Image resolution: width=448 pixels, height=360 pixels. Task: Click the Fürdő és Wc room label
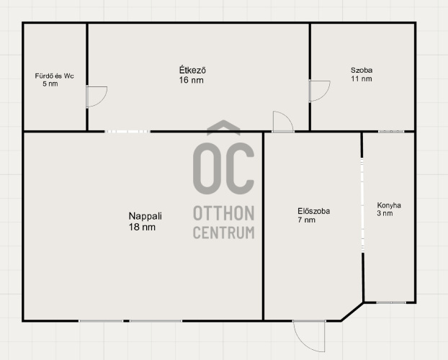54,76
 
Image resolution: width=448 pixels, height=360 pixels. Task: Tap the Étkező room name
192,70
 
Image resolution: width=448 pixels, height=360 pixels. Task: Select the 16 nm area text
191,80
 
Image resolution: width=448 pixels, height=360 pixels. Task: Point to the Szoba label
362,70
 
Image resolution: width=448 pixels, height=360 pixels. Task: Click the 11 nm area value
362,78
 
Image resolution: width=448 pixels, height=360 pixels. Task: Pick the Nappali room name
145,216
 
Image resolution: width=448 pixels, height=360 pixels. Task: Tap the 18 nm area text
142,227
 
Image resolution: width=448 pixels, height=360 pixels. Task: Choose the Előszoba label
314,211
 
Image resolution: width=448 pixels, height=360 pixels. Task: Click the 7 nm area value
307,220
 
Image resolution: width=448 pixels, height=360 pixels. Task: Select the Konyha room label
389,205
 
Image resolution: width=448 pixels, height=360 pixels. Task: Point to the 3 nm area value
385,213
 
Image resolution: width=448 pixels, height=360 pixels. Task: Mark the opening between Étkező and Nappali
127,132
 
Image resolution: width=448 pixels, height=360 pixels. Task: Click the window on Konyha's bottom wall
391,302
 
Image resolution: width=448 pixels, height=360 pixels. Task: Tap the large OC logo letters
223,168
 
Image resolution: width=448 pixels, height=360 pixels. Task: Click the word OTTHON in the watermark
224,213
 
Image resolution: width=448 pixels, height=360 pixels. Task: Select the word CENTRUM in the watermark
224,233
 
